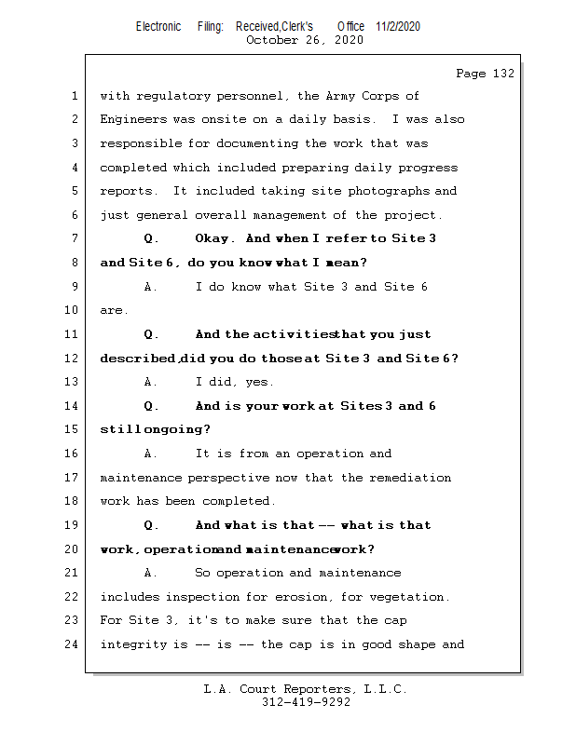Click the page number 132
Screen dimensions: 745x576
[503, 74]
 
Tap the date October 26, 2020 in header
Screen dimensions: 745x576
[304, 40]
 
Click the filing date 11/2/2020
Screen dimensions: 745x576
[398, 26]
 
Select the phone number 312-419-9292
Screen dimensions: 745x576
[306, 702]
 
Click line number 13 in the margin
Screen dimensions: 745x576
[73, 382]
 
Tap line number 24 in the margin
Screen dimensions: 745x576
[73, 644]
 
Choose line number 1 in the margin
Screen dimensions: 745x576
[73, 96]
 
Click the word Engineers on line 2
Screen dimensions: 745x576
[133, 119]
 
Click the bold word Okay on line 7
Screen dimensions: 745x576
[214, 238]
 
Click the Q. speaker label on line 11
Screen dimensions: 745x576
[151, 334]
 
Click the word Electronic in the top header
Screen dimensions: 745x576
[158, 26]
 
